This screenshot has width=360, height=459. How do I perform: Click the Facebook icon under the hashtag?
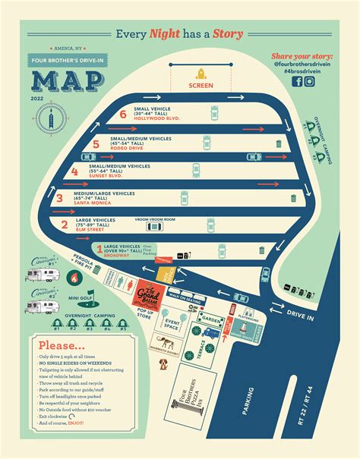tap(296, 82)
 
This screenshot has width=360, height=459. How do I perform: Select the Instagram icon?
tap(310, 82)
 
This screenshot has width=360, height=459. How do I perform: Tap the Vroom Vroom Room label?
tap(155, 219)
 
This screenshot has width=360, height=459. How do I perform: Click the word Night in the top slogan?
tap(169, 33)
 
